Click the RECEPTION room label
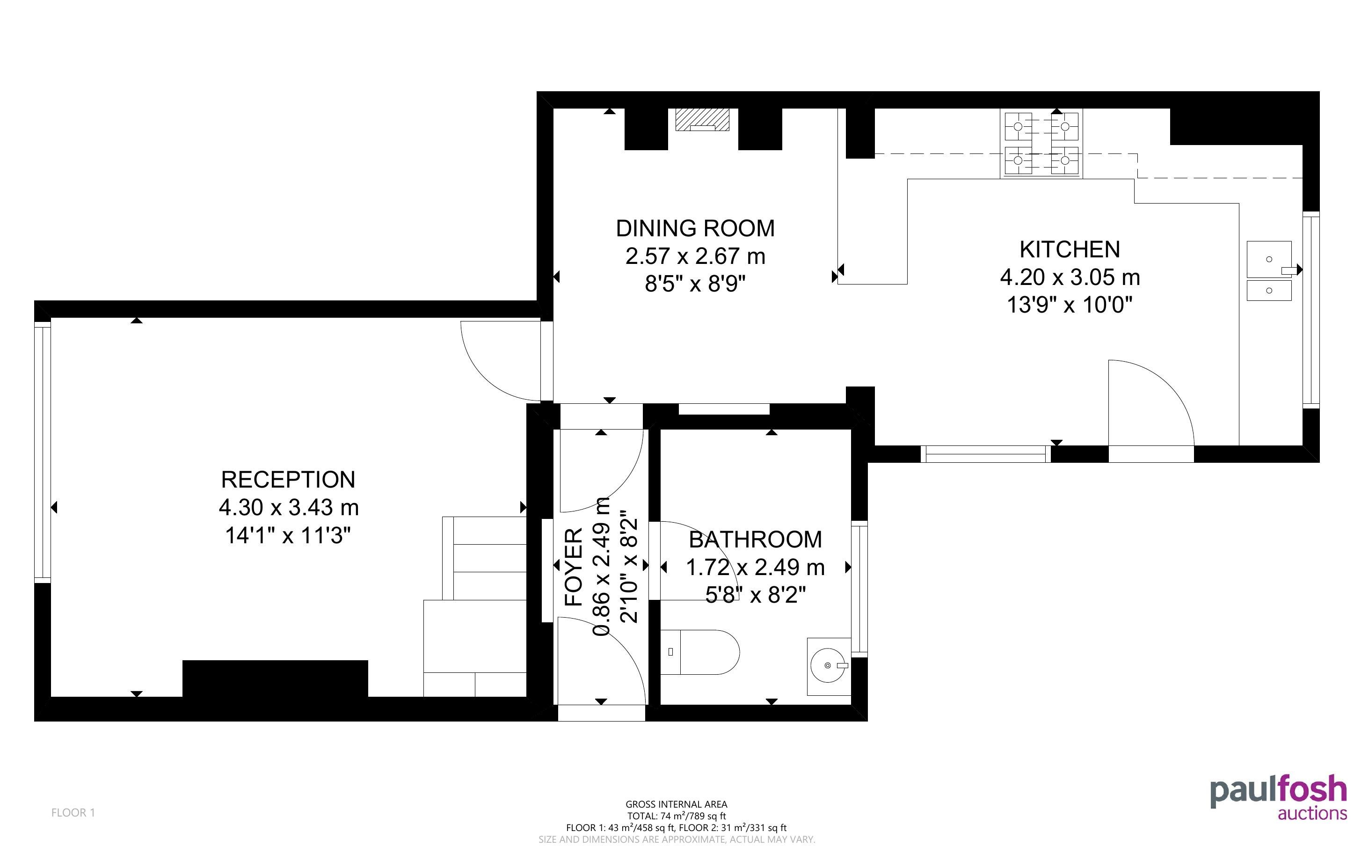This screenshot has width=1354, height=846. [x=288, y=480]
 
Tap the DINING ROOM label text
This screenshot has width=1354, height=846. [x=695, y=228]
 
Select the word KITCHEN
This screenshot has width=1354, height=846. [x=1070, y=249]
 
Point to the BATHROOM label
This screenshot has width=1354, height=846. [x=755, y=540]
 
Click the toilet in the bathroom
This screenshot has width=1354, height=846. [x=700, y=652]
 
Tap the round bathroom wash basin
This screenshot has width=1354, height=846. [x=828, y=666]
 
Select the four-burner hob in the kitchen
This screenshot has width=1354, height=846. [x=1041, y=144]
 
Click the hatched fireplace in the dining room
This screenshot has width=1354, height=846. [x=702, y=120]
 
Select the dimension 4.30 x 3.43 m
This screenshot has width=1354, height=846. [x=289, y=508]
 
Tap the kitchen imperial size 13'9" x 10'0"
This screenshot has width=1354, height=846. [x=1070, y=305]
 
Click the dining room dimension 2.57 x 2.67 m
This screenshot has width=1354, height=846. [x=695, y=256]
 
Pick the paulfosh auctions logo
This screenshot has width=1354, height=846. [x=1279, y=797]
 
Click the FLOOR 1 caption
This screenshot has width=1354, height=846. [x=73, y=812]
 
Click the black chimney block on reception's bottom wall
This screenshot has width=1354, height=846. [x=275, y=678]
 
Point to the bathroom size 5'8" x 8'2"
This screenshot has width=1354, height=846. [x=756, y=595]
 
